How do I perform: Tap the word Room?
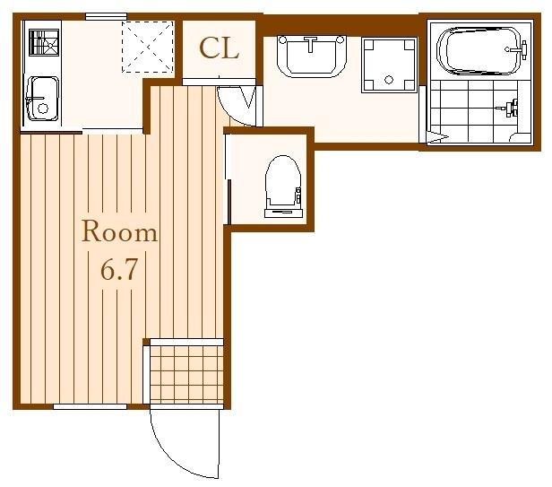pyautogui.click(x=119, y=231)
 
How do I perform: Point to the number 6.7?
pyautogui.click(x=118, y=270)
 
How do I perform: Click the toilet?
pyautogui.click(x=283, y=186)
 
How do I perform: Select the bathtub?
pyautogui.click(x=480, y=51)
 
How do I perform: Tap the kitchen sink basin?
pyautogui.click(x=42, y=99)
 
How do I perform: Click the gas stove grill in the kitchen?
pyautogui.click(x=44, y=42)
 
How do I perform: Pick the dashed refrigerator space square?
pyautogui.click(x=148, y=47)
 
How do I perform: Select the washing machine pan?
pyautogui.click(x=389, y=65)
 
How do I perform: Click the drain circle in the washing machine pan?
pyautogui.click(x=389, y=80)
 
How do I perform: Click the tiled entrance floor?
pyautogui.click(x=187, y=375)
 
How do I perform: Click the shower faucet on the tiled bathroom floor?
pyautogui.click(x=511, y=108)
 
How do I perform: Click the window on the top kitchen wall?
pyautogui.click(x=106, y=16)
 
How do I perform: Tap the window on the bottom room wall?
pyautogui.click(x=90, y=406)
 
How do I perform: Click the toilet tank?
pyautogui.click(x=283, y=213)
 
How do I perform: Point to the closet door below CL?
pyautogui.click(x=219, y=83)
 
